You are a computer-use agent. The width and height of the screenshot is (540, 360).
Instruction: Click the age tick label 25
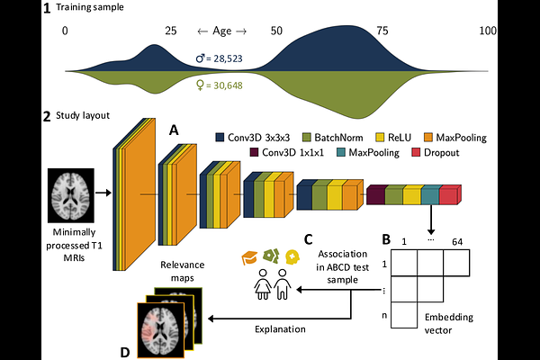[x=170, y=31]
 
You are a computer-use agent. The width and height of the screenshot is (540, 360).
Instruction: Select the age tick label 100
[x=488, y=31]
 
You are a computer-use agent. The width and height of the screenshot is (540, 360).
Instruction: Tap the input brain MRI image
[x=76, y=192]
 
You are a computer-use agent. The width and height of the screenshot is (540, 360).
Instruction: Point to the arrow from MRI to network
[x=103, y=192]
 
